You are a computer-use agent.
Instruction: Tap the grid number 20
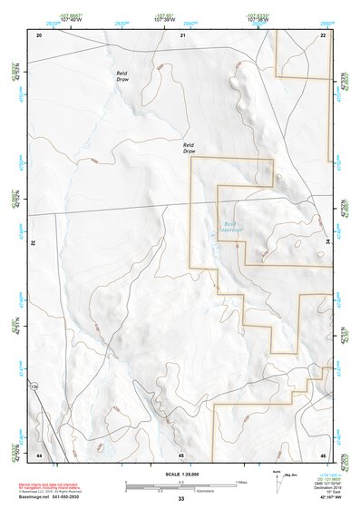click(39, 34)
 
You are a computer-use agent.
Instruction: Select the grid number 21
click(182, 34)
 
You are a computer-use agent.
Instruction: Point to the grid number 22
click(322, 34)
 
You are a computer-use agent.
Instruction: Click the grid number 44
click(39, 455)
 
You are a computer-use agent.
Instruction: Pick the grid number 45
click(181, 455)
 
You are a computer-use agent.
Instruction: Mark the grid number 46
click(322, 455)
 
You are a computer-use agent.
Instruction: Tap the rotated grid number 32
click(33, 243)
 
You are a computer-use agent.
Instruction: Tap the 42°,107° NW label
click(328, 497)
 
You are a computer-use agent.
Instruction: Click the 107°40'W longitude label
click(65, 20)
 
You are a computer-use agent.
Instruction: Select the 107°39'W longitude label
click(164, 20)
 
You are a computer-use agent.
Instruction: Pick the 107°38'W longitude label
click(259, 20)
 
